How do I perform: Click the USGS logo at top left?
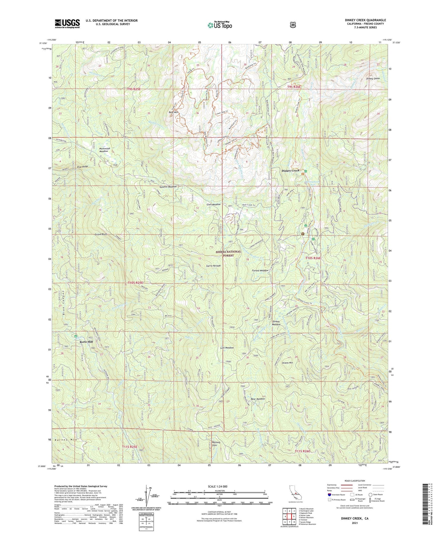(x=67, y=23)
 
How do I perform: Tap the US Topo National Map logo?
(x=220, y=25)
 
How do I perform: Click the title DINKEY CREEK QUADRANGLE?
(x=365, y=20)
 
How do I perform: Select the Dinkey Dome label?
(x=373, y=79)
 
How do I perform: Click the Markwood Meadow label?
(x=104, y=150)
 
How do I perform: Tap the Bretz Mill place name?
(x=86, y=342)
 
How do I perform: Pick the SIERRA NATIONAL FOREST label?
(x=228, y=253)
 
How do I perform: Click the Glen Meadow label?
(x=214, y=204)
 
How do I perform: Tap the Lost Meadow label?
(x=227, y=348)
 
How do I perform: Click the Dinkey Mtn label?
(x=287, y=363)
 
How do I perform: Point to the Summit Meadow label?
(x=168, y=187)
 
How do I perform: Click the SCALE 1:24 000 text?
(x=217, y=486)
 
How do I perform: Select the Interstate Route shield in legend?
(x=329, y=495)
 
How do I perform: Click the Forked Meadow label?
(x=260, y=270)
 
